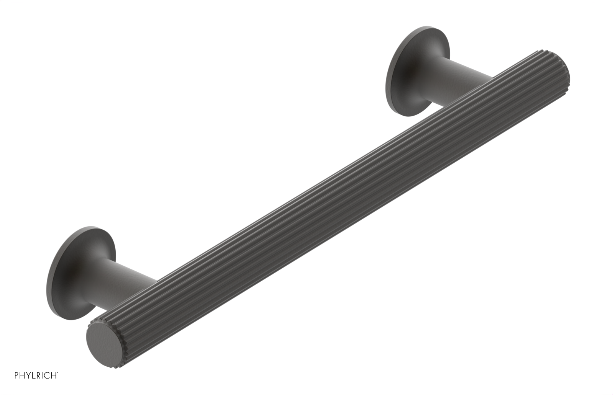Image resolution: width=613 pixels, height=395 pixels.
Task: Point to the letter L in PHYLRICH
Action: (x=33, y=375)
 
